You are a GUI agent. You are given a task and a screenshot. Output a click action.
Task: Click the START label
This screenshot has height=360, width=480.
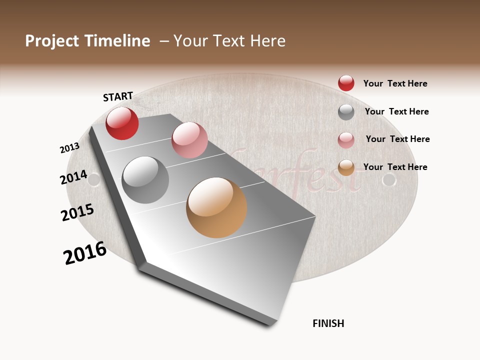click(118, 96)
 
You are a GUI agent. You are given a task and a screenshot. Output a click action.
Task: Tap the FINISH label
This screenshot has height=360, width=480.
click(328, 323)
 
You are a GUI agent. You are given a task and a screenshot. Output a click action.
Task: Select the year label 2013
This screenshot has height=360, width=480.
click(69, 148)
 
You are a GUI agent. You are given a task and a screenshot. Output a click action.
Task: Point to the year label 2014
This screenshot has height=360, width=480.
click(73, 177)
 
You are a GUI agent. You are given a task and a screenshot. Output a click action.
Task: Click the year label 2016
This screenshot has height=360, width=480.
click(85, 253)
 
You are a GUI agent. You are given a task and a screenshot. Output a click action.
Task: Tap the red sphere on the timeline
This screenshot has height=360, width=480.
click(122, 123)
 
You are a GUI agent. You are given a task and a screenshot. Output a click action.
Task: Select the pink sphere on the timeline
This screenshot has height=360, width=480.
click(189, 140)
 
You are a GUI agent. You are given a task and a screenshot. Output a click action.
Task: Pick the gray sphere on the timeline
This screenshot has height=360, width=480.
click(145, 180)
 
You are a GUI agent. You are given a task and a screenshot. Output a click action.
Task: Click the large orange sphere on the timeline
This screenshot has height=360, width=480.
click(216, 207)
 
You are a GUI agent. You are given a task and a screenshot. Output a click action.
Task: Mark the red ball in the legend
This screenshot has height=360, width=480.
click(346, 83)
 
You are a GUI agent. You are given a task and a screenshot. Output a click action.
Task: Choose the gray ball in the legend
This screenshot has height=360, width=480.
click(346, 112)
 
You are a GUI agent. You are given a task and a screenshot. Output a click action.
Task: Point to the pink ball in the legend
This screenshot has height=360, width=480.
click(346, 140)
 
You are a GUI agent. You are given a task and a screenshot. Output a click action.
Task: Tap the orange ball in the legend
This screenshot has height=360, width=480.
click(346, 167)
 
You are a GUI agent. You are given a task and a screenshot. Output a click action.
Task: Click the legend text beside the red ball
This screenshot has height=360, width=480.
click(395, 83)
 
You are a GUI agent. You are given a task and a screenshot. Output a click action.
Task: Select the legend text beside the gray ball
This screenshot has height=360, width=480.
click(396, 111)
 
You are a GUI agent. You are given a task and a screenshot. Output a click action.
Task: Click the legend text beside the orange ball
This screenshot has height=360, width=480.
click(395, 167)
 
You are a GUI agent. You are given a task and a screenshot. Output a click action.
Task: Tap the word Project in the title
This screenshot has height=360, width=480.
click(52, 41)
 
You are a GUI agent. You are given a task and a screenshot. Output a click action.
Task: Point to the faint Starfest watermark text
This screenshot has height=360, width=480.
click(300, 172)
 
